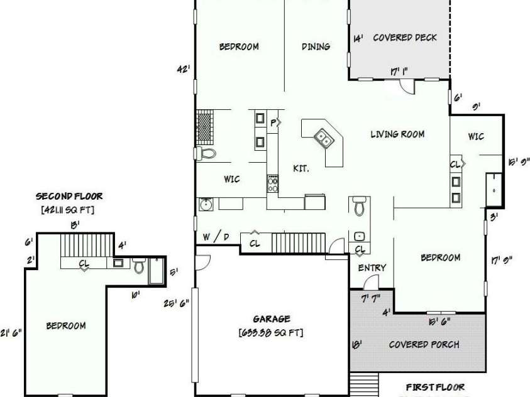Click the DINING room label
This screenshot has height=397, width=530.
316,46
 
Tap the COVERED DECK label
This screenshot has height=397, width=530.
405,38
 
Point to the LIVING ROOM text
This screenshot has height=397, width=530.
397,134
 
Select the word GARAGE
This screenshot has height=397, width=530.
272,319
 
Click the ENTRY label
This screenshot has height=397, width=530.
372,268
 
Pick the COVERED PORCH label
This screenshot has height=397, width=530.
424,344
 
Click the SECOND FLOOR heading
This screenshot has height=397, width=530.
69,196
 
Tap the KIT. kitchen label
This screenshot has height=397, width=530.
301,168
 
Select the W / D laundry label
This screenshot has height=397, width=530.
216,237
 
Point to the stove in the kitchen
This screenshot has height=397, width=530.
273,183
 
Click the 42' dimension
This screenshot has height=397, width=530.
183,70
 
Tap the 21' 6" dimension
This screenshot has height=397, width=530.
12,333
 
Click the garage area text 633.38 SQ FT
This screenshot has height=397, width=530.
271,332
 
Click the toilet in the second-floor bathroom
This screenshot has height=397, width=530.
139,266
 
